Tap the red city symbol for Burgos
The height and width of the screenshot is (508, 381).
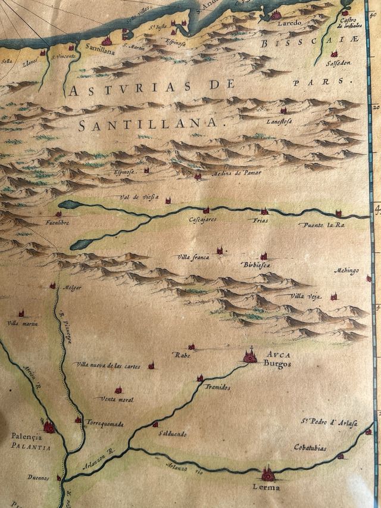click(250, 356)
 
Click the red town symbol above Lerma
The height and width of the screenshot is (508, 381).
click(267, 474)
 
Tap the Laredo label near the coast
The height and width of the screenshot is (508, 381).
click(289, 23)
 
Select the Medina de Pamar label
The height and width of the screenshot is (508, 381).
click(236, 173)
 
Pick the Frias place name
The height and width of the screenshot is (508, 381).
click(260, 220)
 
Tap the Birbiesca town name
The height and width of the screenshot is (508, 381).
click(257, 264)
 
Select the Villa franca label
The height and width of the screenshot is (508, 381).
click(192, 257)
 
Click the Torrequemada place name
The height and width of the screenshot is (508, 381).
click(105, 425)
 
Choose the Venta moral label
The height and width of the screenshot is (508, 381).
click(117, 399)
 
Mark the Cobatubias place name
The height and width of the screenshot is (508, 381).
click(310, 447)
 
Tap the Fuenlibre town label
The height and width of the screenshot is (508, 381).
click(57, 223)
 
